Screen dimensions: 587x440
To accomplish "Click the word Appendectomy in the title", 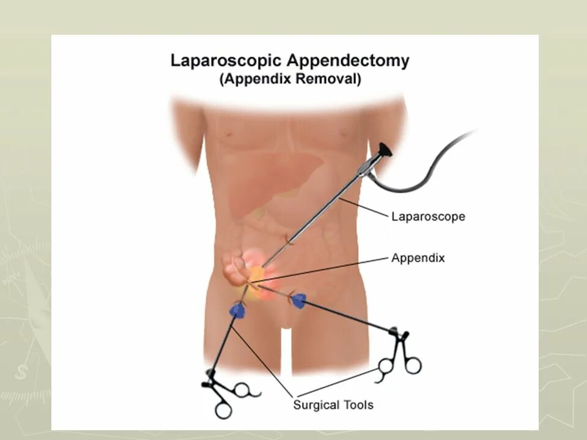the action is [x=349, y=61].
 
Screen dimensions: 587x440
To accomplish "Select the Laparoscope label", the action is [x=428, y=216].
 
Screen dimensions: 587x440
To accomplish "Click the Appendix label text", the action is [x=418, y=258].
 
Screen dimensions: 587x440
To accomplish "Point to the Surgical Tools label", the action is [x=333, y=405].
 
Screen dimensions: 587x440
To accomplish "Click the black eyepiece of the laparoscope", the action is [x=385, y=150].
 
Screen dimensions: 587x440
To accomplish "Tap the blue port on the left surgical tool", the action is [x=237, y=310].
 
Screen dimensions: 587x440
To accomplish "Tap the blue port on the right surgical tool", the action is [x=299, y=300].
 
